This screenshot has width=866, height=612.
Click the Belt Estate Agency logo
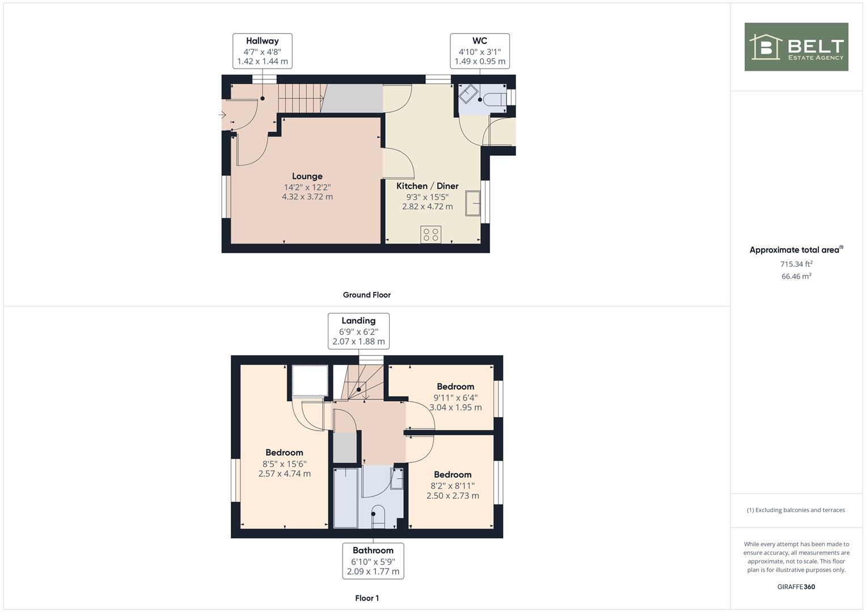click(x=796, y=46)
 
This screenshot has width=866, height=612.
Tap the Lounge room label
click(x=307, y=176)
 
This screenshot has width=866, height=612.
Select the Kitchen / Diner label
click(x=427, y=186)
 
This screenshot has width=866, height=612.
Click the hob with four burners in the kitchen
click(x=430, y=234)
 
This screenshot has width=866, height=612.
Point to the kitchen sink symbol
click(x=472, y=203)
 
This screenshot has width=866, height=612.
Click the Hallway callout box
click(x=263, y=51)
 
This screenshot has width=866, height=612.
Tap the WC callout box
click(x=480, y=51)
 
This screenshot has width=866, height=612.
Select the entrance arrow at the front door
click(x=222, y=114)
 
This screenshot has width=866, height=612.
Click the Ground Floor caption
click(x=367, y=295)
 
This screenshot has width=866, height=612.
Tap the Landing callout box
click(x=359, y=331)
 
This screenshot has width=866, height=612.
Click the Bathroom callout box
click(x=373, y=561)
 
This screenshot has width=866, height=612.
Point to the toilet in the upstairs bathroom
click(x=378, y=517)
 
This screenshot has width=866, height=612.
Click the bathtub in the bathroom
click(x=345, y=498)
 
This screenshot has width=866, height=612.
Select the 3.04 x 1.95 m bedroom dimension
click(x=456, y=407)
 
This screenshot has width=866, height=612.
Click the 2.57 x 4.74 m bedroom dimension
click(x=285, y=473)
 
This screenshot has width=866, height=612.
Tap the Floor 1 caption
click(x=367, y=598)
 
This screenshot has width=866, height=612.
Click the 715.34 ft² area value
click(x=796, y=264)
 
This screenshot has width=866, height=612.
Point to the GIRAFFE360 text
click(x=796, y=586)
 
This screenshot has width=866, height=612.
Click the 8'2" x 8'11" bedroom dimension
click(x=453, y=486)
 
